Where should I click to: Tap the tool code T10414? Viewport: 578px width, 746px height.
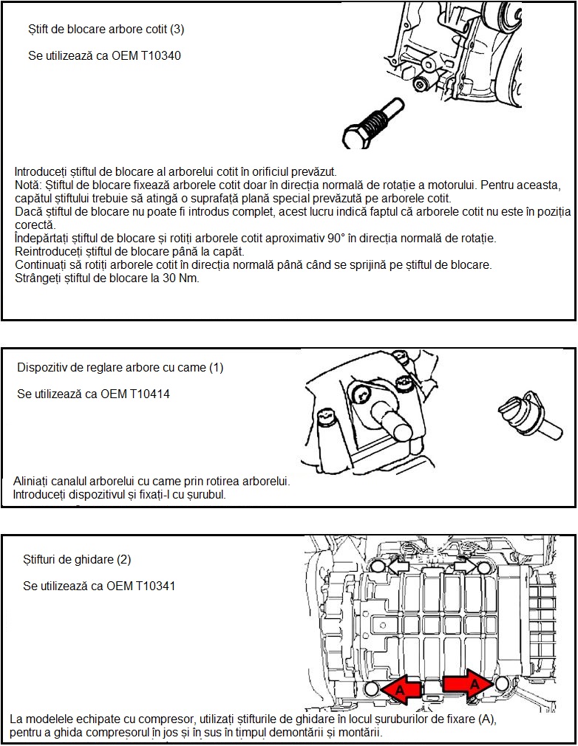(148, 394)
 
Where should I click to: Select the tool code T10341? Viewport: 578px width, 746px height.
(153, 586)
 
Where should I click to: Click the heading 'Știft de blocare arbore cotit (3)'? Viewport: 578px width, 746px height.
(106, 30)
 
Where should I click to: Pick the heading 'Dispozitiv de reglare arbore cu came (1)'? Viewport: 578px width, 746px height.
(120, 367)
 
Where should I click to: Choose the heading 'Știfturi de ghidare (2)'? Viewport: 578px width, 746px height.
(77, 559)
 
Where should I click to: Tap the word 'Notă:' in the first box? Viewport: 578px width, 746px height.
(29, 184)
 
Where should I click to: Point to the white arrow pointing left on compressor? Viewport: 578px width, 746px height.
(399, 565)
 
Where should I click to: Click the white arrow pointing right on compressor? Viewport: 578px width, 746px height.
(463, 564)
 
